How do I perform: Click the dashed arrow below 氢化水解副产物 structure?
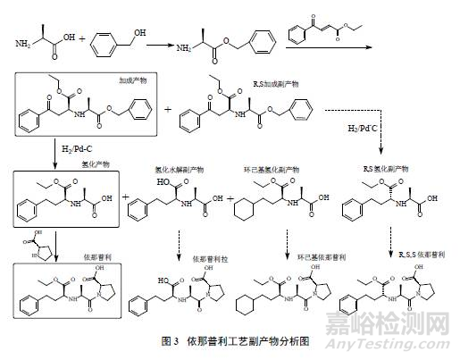point(175,245)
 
